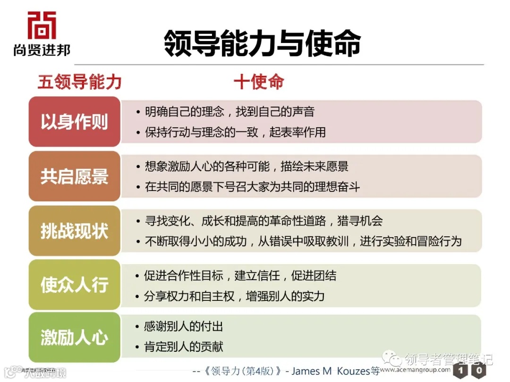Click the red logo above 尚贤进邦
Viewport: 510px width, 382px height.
point(42,25)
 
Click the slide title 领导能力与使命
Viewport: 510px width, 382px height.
point(262,43)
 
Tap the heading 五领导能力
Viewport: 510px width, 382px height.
point(79,82)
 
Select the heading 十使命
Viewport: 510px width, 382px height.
point(259,82)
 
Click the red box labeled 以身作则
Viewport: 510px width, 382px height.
point(75,122)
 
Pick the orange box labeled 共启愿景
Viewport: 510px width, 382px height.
point(75,176)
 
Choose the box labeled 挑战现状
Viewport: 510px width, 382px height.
point(75,231)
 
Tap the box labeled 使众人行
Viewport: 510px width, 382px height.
point(75,285)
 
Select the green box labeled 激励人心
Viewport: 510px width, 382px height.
point(75,338)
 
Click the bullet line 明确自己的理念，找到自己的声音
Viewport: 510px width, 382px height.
point(229,112)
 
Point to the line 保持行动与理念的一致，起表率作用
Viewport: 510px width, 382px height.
point(235,132)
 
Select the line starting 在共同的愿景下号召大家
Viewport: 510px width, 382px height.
point(252,187)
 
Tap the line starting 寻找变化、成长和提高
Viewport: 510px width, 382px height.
point(263,221)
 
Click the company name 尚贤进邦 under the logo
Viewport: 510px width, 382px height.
point(42,50)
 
